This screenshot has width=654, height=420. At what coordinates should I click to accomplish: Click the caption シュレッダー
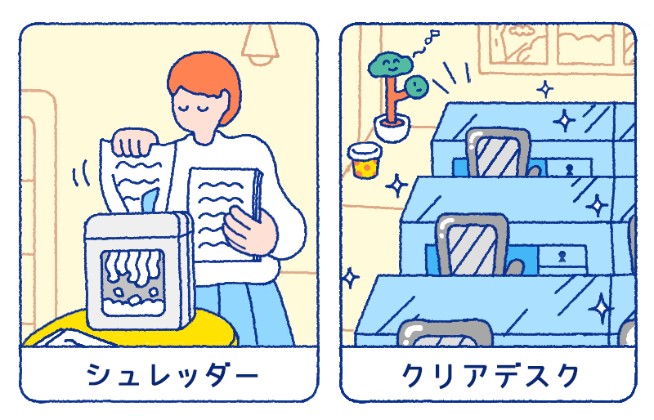(172, 374)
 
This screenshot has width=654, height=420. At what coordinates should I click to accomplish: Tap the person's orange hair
(204, 77)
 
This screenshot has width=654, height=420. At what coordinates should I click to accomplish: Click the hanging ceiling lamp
(260, 44)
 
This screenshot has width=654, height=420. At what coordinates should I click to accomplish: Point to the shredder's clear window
(132, 283)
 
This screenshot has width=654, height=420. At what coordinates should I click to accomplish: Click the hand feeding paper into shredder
(134, 142)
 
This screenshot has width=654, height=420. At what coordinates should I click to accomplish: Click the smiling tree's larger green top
(390, 65)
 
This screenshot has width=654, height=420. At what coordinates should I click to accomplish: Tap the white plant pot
(392, 128)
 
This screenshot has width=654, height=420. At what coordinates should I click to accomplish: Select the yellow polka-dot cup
(365, 160)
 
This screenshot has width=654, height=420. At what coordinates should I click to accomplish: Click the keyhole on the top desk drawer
(569, 169)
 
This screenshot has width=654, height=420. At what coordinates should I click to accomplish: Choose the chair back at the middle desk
(472, 244)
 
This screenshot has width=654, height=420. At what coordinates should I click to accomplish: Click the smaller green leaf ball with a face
(416, 87)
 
